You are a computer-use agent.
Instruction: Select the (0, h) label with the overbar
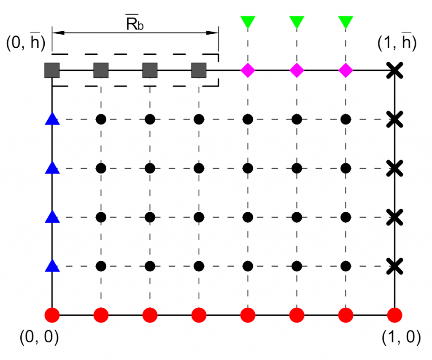tap(26, 42)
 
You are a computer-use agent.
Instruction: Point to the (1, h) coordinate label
tap(397, 42)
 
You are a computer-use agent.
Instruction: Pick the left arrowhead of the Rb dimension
tap(58, 33)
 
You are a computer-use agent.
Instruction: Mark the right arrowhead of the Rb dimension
tap(213, 33)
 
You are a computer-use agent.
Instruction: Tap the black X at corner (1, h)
tap(394, 70)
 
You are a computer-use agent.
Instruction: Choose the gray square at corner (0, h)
tap(52, 70)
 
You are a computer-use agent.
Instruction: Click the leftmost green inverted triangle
tap(248, 22)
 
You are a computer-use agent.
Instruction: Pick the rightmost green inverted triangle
tap(346, 22)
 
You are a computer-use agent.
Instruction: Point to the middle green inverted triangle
tap(297, 22)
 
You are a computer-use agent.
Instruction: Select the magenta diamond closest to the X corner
tap(346, 70)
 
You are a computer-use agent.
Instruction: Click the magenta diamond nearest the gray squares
tap(248, 70)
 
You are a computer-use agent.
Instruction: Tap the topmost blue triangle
tap(52, 119)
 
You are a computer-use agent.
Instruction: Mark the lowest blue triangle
tap(52, 266)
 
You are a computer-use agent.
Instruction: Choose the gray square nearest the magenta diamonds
tap(199, 70)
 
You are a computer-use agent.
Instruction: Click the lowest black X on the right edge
tap(394, 266)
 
